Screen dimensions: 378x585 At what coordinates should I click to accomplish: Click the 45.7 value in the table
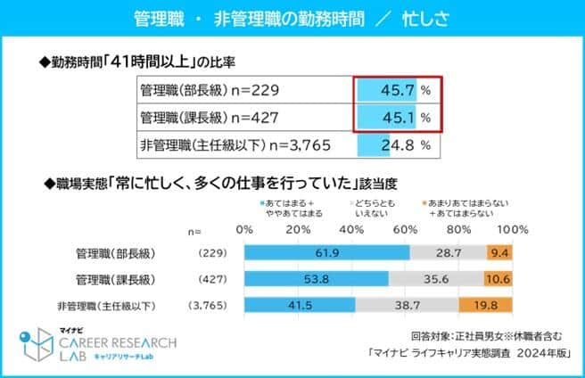point(399,90)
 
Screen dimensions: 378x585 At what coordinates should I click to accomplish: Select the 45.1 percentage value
point(399,117)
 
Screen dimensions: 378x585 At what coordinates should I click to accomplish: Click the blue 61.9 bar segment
point(326,253)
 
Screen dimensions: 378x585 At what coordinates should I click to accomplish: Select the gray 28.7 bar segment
point(449,253)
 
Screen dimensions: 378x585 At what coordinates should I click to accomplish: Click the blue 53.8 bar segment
point(316,280)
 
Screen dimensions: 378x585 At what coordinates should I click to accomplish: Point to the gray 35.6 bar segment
point(436,280)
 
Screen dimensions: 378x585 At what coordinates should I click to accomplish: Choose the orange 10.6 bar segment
point(498,280)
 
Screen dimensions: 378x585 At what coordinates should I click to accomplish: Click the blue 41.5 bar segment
point(299,308)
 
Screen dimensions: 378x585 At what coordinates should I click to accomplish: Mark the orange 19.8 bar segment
point(486,308)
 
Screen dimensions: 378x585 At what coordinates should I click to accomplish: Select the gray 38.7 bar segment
point(407,308)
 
